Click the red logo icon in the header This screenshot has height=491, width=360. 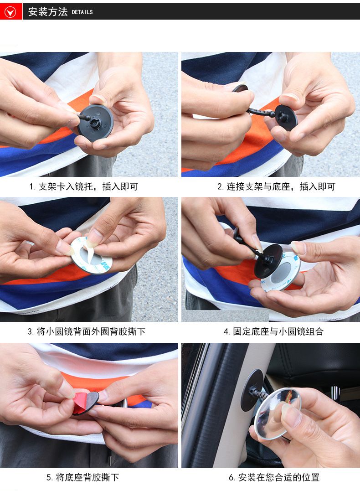pos(11,11)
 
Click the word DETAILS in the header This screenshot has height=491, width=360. pos(82,12)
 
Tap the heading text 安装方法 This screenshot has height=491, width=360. pos(48,12)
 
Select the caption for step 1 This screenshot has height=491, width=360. pos(83,186)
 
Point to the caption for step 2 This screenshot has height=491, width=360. pos(276,186)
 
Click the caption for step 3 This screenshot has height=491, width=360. pos(86,331)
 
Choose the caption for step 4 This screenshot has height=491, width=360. pos(273,331)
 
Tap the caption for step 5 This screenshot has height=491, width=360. pos(82,477)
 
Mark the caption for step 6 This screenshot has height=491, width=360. pos(274,477)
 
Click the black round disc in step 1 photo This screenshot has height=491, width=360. pos(96,123)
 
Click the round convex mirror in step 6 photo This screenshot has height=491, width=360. pos(278,413)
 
